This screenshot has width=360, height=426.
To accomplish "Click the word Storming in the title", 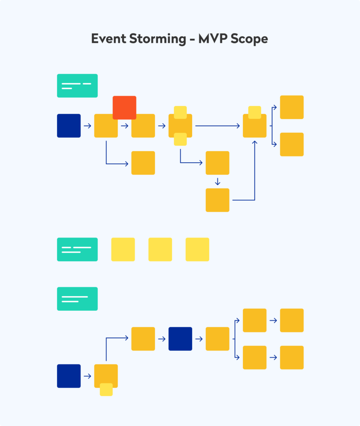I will [153, 39].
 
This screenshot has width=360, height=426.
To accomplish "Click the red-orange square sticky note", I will [124, 107].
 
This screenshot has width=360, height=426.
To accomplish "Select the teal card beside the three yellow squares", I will [77, 250].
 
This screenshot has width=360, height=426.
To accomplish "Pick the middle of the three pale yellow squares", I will [160, 250].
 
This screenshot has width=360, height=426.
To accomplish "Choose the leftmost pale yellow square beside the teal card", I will [123, 250].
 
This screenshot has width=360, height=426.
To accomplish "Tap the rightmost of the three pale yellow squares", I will [197, 250].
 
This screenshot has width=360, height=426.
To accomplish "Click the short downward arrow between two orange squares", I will [217, 181].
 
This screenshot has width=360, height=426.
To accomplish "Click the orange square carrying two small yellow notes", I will [180, 126].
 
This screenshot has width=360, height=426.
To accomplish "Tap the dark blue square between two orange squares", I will [180, 339].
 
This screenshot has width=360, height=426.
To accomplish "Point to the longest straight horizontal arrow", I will [218, 126].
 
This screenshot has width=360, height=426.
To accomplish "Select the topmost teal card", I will [77, 86].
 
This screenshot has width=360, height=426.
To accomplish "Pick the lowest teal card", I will [77, 299].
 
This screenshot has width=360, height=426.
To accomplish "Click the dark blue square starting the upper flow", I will [69, 126].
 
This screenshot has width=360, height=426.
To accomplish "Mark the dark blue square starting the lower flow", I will [69, 376].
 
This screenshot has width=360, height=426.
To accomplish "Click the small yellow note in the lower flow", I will [106, 389].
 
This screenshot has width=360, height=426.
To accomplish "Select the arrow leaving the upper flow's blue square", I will [87, 126].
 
